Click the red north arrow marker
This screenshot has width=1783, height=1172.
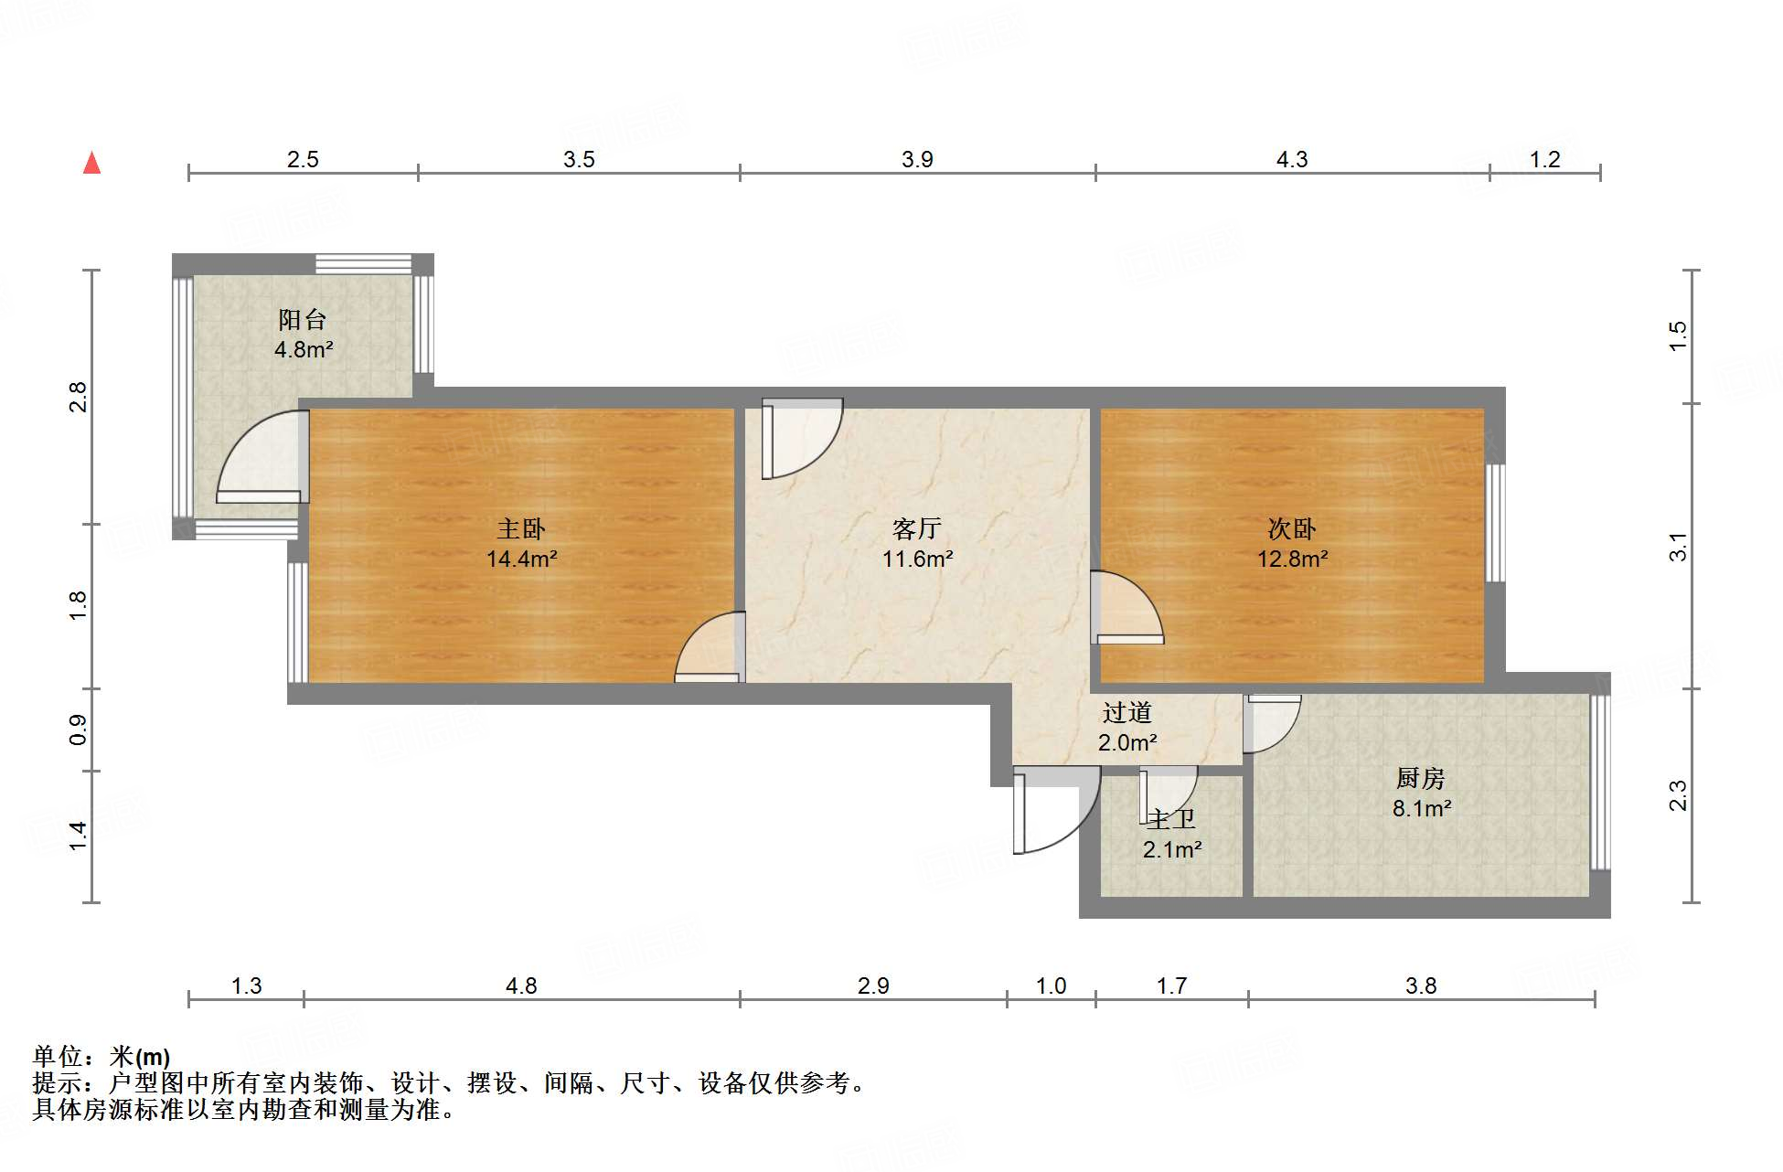click(x=91, y=164)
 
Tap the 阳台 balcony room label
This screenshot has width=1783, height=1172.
click(x=303, y=320)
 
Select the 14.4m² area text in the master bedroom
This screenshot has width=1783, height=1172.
click(x=521, y=559)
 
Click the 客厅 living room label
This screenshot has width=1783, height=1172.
click(x=916, y=528)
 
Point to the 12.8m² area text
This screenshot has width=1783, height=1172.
click(x=1292, y=559)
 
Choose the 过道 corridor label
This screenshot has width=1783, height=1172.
click(x=1126, y=712)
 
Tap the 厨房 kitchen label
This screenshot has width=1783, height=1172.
click(x=1420, y=778)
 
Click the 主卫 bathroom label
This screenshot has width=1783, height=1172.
click(x=1171, y=819)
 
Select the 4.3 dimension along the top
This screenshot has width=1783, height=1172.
click(x=1291, y=160)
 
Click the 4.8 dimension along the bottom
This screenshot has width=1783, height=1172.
click(x=521, y=986)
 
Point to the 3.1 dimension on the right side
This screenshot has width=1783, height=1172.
click(x=1678, y=547)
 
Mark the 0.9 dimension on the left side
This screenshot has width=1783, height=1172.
click(x=79, y=729)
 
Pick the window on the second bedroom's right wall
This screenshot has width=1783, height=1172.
click(x=1495, y=523)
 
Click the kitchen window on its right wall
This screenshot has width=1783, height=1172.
click(x=1599, y=783)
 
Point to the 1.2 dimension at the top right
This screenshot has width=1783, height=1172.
click(x=1544, y=160)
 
